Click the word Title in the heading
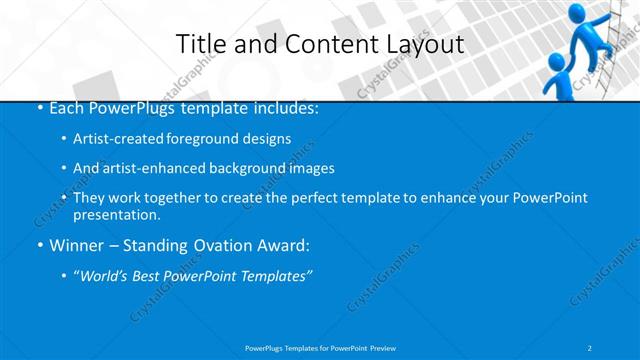[197, 44]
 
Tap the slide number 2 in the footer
[591, 347]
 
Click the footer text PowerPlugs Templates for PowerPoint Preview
[320, 347]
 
